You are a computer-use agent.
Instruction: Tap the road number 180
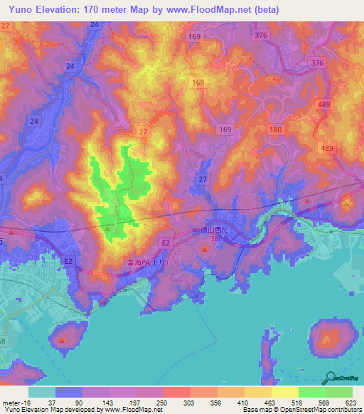(276, 129)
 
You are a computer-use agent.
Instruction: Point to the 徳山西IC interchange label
(212, 230)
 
